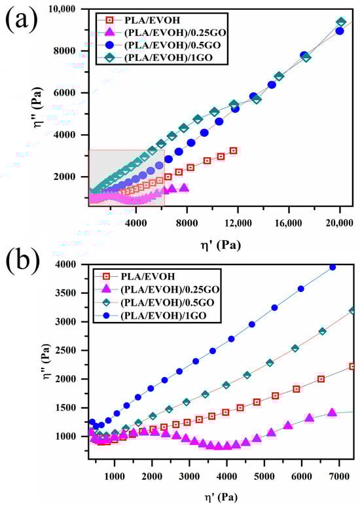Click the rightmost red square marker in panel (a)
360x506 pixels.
pos(233,151)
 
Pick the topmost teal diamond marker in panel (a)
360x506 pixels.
pos(340,22)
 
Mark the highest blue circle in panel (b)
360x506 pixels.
pos(332,267)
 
